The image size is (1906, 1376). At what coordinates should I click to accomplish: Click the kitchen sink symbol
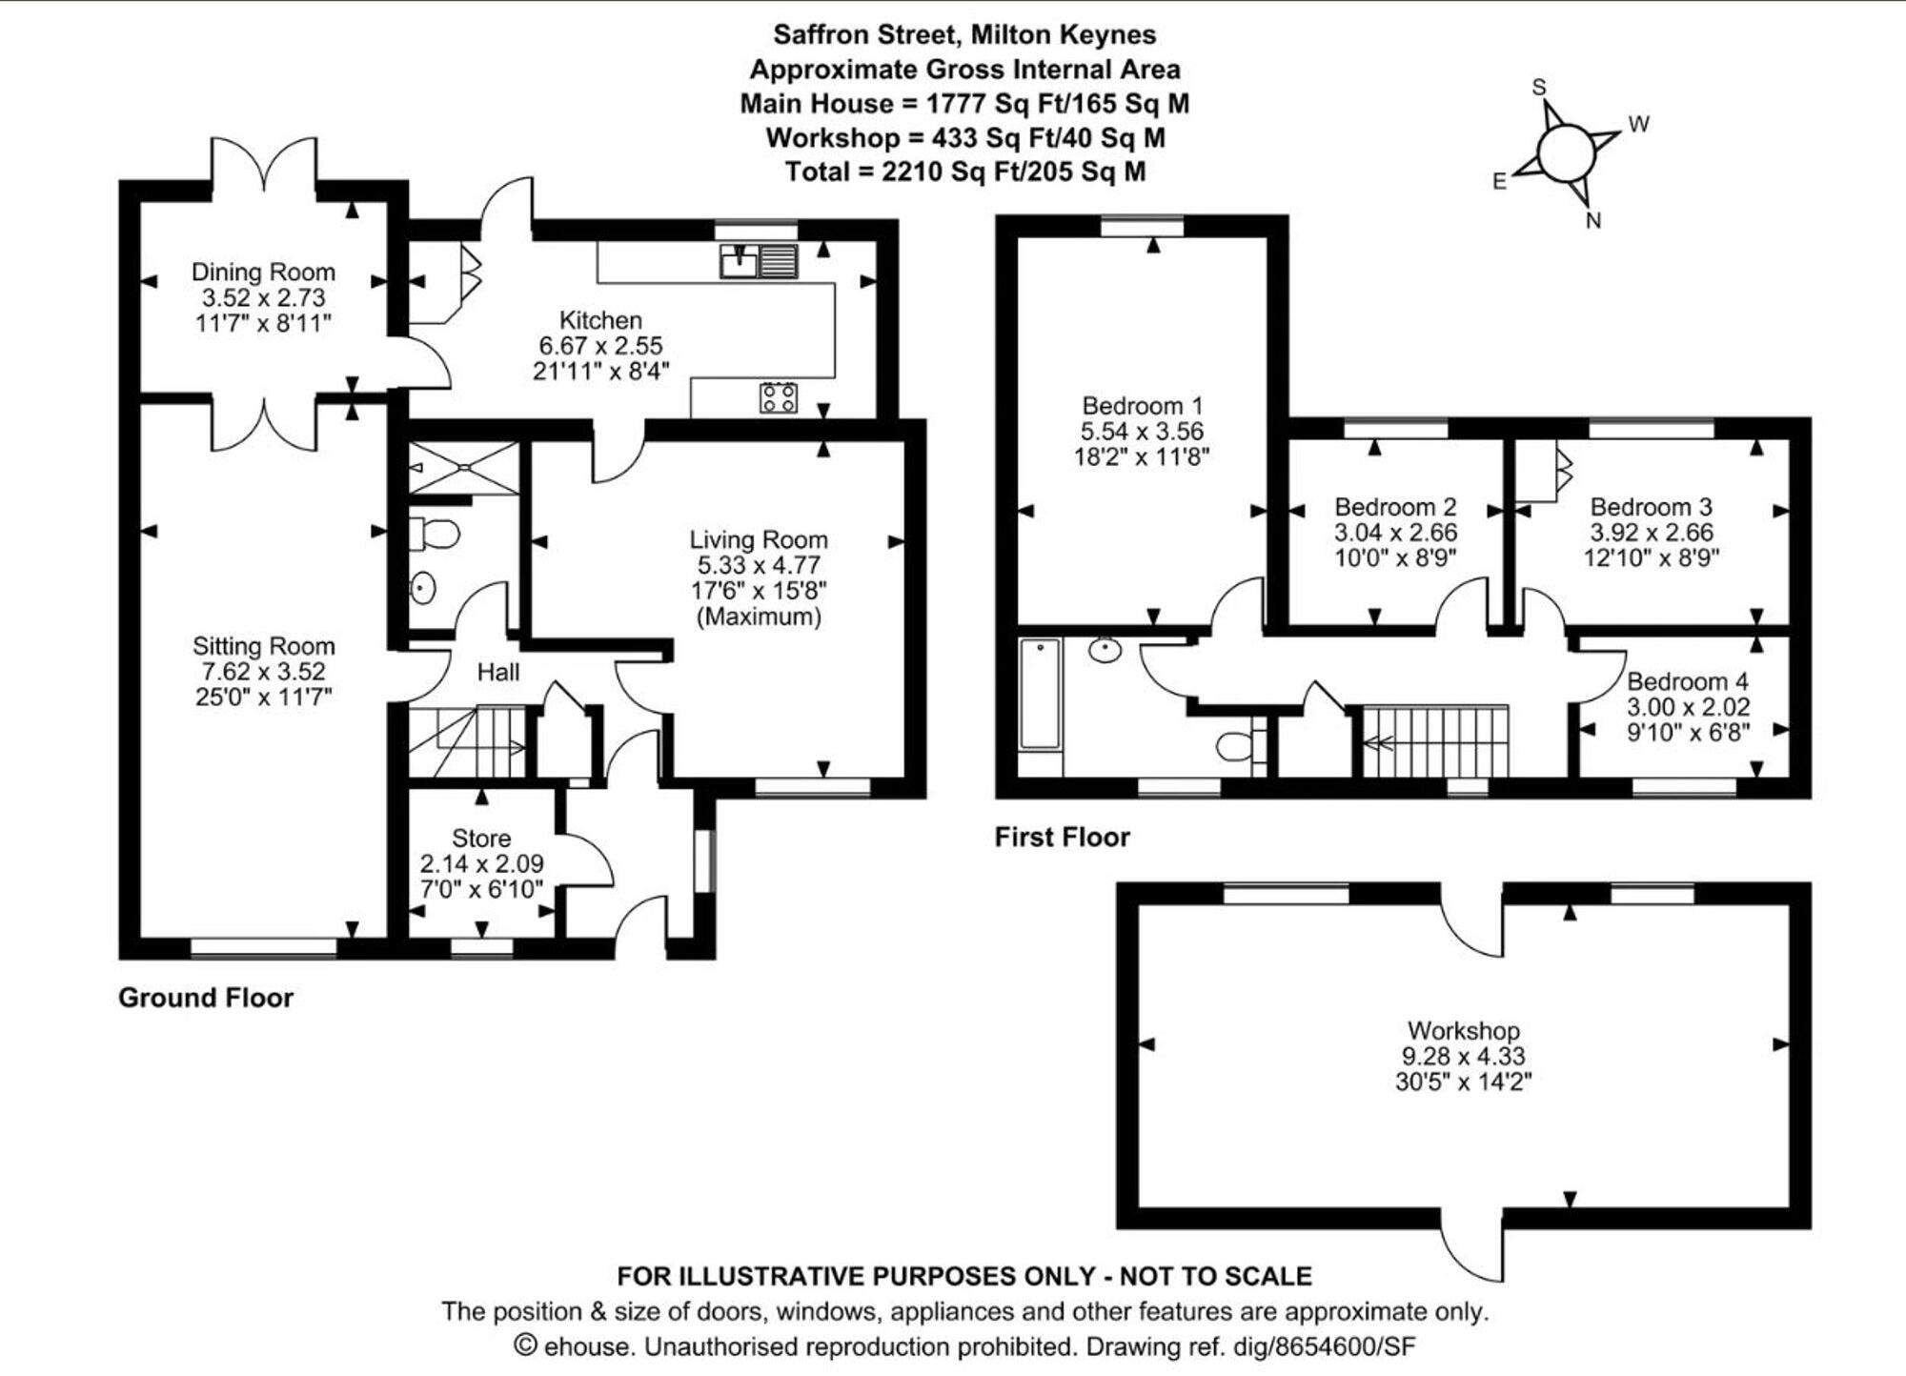(x=759, y=260)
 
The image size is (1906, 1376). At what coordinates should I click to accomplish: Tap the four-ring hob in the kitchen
(x=779, y=397)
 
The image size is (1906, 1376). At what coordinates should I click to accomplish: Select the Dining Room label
(x=263, y=273)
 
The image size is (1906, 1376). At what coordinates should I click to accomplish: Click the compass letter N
(x=1593, y=221)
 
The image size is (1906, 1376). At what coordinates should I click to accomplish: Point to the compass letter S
(x=1538, y=88)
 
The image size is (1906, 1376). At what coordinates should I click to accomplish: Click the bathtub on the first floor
(x=1040, y=694)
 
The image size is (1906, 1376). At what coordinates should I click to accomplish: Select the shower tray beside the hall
(x=465, y=467)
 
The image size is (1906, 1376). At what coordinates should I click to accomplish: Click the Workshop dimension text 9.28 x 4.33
(x=1463, y=1056)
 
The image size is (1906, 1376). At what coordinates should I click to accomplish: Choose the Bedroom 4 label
(x=1687, y=681)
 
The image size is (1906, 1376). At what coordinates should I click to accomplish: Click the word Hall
(x=497, y=673)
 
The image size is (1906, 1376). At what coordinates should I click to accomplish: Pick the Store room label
(x=481, y=839)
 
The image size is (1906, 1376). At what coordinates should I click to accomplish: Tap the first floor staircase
(x=1435, y=741)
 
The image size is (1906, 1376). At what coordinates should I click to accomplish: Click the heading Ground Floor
(x=206, y=998)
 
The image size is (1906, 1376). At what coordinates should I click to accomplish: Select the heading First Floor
(x=1062, y=837)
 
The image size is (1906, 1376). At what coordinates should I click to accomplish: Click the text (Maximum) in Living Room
(x=759, y=617)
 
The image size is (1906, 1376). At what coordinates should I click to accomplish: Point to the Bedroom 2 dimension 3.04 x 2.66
(x=1395, y=533)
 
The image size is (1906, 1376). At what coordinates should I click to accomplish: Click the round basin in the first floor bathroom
(x=1105, y=651)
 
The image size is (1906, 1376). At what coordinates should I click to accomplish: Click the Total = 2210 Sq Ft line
(x=964, y=172)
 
